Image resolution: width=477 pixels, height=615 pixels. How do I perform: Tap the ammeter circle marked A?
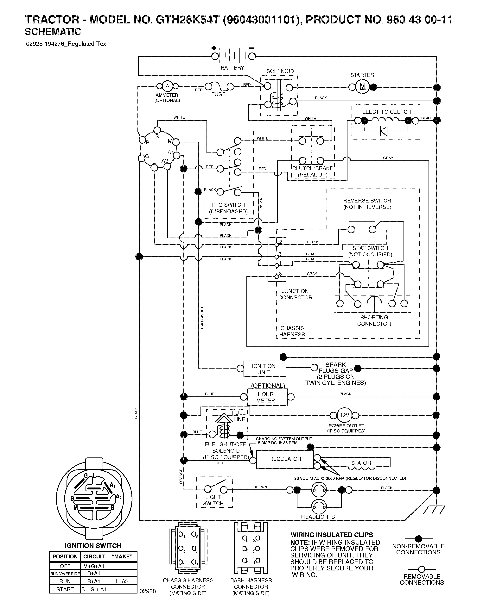(167, 86)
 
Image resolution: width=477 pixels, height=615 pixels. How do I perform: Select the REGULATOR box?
(285, 459)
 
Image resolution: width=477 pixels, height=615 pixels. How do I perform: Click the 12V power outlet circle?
(344, 415)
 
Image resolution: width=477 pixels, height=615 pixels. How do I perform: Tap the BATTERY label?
(232, 68)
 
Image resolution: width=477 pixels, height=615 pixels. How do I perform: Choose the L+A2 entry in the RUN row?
(122, 581)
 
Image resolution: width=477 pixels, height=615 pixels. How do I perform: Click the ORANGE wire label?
(181, 476)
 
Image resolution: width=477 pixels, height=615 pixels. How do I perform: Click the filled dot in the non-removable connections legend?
(418, 539)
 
